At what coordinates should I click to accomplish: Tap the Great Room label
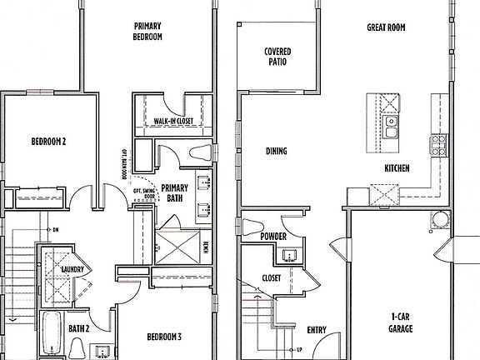(386, 27)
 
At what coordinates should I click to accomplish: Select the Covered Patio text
(277, 57)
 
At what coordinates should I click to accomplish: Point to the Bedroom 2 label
(48, 141)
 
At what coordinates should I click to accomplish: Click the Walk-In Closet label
(172, 122)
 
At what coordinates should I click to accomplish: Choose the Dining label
(277, 151)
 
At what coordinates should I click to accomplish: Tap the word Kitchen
(397, 168)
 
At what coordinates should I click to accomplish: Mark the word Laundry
(75, 269)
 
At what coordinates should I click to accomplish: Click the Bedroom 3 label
(164, 337)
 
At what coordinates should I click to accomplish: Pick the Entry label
(317, 329)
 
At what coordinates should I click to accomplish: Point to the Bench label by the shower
(206, 247)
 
